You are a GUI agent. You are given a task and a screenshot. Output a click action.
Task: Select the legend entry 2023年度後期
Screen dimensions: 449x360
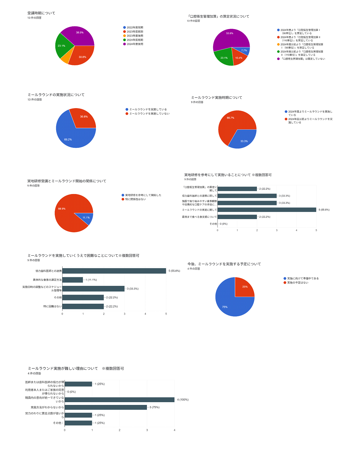coord(135,36)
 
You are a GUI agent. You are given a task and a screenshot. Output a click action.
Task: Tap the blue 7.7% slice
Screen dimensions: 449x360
coord(244,51)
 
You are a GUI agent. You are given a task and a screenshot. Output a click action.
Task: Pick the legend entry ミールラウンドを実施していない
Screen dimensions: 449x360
coord(149,113)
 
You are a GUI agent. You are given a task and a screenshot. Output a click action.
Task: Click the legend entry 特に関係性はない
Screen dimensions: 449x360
coord(135,199)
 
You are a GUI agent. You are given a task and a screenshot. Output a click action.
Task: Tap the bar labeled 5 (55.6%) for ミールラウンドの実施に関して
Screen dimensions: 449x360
coord(267,210)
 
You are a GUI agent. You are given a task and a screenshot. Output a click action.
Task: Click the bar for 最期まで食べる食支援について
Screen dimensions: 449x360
coord(237,217)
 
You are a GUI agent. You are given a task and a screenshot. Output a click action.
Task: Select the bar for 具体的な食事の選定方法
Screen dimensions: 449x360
coord(72,280)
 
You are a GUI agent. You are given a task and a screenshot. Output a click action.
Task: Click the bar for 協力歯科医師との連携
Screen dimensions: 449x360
coord(114,271)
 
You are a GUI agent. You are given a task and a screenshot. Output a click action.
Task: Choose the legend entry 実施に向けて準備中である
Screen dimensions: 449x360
coord(303,278)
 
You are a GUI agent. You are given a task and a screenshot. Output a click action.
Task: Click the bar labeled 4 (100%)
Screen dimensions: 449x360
coord(119,400)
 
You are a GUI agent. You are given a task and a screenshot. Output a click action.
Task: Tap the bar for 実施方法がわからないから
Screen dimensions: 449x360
coord(106,407)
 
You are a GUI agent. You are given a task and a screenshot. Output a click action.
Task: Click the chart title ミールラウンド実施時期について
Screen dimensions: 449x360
coord(217,97)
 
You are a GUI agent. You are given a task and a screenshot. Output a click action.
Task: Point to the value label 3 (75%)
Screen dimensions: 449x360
coord(154,407)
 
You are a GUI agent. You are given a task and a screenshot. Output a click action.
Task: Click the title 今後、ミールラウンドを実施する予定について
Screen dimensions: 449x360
coord(224,264)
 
